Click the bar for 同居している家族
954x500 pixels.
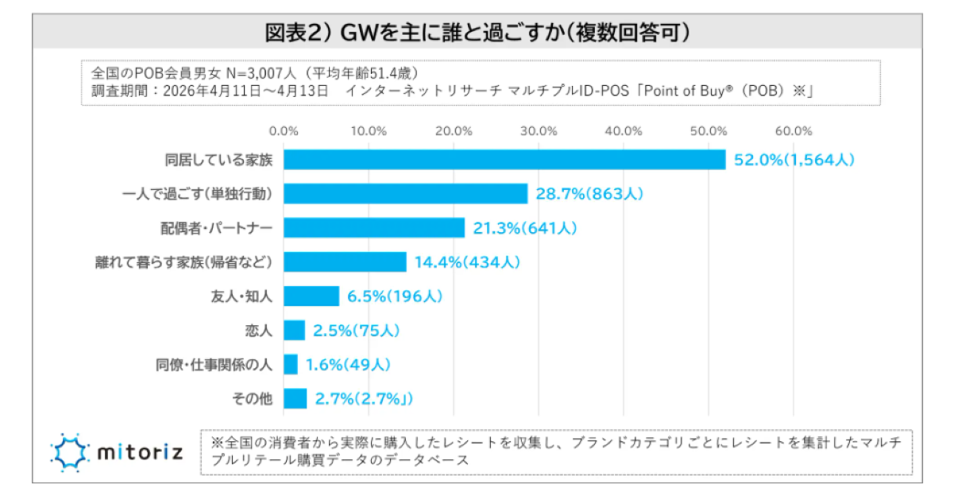pos(504,160)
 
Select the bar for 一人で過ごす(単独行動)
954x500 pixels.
pos(406,193)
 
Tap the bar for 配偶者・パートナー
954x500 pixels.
pos(374,227)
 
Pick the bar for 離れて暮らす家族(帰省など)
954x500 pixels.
pos(345,262)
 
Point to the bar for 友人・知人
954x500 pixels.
pos(311,296)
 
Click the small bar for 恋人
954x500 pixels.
pos(295,330)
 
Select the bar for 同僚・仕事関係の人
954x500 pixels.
pos(291,364)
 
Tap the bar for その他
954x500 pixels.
pos(295,398)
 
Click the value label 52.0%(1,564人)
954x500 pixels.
pos(794,160)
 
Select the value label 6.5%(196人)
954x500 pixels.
pos(395,296)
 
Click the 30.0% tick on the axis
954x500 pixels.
pos(539,130)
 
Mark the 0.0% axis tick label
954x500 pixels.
pos(284,130)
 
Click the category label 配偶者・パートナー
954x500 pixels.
pos(217,227)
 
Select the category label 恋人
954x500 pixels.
pos(259,330)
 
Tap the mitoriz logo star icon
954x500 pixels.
pos(70,452)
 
